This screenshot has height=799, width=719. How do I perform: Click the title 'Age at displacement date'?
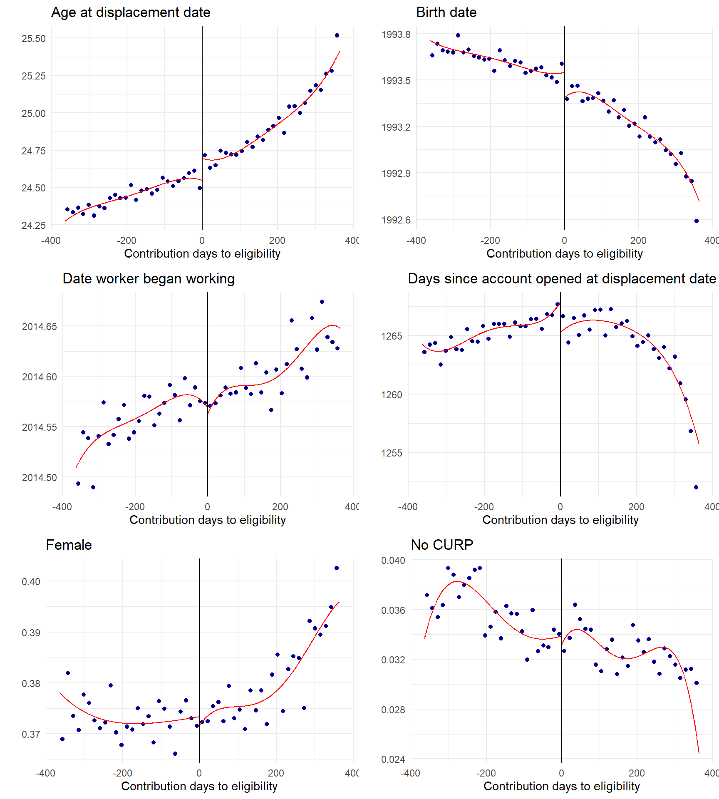pyautogui.click(x=131, y=12)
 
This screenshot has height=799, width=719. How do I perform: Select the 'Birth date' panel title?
pyautogui.click(x=446, y=12)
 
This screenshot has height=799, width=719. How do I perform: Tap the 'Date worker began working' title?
pyautogui.click(x=149, y=279)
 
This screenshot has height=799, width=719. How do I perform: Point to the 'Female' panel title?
pyautogui.click(x=69, y=545)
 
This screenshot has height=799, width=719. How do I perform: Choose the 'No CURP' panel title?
pyautogui.click(x=442, y=545)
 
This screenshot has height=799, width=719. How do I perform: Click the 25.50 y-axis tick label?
pyautogui.click(x=34, y=39)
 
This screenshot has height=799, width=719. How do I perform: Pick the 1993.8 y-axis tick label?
pyautogui.click(x=396, y=35)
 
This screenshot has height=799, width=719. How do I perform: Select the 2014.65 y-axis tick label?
pyautogui.click(x=40, y=327)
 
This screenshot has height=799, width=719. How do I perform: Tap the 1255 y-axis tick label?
pyautogui.click(x=392, y=453)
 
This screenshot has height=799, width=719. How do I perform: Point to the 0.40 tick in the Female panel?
pyautogui.click(x=31, y=582)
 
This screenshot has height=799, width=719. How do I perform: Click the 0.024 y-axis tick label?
pyautogui.click(x=393, y=759)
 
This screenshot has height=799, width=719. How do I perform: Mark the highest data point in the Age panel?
pyautogui.click(x=337, y=35)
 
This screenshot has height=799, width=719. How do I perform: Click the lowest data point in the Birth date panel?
pyautogui.click(x=697, y=221)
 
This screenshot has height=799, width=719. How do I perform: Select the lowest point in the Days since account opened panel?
pyautogui.click(x=696, y=487)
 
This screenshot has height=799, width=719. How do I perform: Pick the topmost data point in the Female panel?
pyautogui.click(x=337, y=568)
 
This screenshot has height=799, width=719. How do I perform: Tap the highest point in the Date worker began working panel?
pyautogui.click(x=322, y=302)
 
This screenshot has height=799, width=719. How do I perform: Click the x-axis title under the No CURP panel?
pyautogui.click(x=561, y=786)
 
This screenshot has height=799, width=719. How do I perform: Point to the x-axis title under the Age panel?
pyautogui.click(x=202, y=253)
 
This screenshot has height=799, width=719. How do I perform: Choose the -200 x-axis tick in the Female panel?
pyautogui.click(x=122, y=773)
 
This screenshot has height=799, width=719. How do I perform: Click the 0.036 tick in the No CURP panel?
pyautogui.click(x=393, y=610)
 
